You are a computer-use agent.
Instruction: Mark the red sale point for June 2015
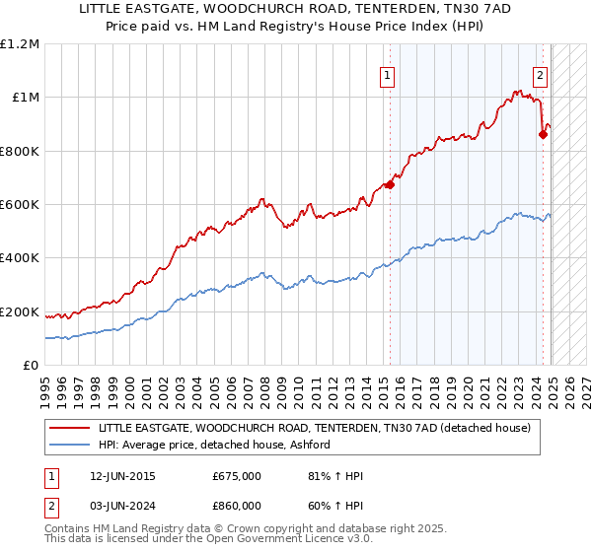(390, 183)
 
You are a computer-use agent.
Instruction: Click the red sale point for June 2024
(543, 134)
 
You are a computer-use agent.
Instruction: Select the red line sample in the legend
(70, 428)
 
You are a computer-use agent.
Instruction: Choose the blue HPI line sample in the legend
(70, 445)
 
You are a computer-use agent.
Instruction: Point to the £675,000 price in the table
(237, 477)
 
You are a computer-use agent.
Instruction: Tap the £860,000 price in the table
(237, 508)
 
